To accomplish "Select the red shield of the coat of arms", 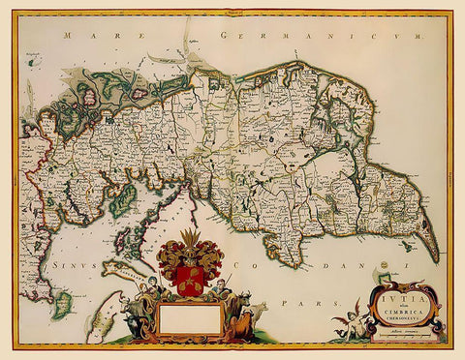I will pyautogui.click(x=190, y=279).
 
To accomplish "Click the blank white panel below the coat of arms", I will pyautogui.click(x=188, y=318).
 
